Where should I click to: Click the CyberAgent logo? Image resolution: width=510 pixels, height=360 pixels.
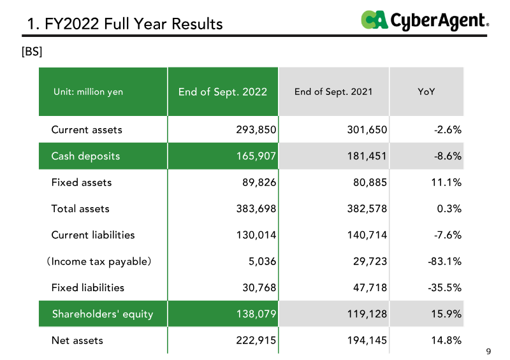425,20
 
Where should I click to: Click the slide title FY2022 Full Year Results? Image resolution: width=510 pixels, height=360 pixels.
125,24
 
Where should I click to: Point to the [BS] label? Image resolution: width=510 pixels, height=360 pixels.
32,52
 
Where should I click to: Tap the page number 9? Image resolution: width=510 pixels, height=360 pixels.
488,351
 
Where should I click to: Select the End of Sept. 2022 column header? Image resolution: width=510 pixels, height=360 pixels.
222,92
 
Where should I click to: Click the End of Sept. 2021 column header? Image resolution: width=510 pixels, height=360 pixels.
333,92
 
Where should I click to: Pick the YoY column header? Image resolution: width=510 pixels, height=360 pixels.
426,92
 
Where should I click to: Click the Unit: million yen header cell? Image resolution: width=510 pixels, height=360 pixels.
88,92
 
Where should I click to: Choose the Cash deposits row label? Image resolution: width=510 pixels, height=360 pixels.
85,156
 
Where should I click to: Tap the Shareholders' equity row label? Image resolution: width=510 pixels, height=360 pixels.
103,314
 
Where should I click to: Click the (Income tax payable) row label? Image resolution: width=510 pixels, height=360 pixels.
99,261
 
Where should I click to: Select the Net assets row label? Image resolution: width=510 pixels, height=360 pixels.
77,340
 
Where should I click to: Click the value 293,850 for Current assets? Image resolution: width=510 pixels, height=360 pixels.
256,130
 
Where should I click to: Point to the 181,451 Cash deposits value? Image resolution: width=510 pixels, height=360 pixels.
367,156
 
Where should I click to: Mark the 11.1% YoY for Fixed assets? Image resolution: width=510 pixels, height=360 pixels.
446,182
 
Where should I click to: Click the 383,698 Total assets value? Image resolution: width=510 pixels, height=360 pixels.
256,209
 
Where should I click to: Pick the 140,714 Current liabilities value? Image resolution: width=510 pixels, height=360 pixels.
367,235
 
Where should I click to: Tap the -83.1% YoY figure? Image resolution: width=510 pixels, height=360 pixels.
444,261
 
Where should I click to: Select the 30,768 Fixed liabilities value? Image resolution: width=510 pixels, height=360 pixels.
259,288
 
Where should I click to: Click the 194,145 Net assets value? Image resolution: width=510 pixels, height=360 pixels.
367,340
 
